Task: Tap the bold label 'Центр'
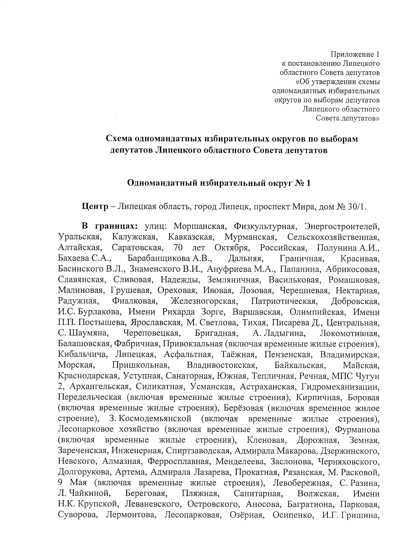click(x=95, y=207)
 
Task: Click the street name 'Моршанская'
click(x=199, y=227)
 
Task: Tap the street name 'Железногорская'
click(x=204, y=301)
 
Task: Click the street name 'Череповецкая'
click(x=151, y=333)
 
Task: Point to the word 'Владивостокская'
click(x=221, y=365)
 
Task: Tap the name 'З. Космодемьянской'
click(x=150, y=419)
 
